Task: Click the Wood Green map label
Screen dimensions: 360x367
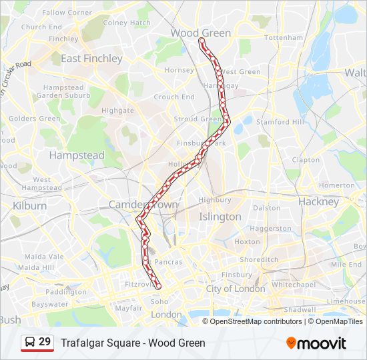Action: point(200,33)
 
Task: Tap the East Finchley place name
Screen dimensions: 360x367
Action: point(91,59)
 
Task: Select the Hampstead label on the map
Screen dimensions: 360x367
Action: point(77,155)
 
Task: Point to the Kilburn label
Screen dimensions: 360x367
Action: point(29,206)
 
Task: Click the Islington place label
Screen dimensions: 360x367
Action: point(220,217)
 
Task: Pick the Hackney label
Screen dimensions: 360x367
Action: point(318,201)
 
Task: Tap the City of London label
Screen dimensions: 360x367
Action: point(235,289)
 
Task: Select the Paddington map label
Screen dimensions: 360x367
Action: point(66,292)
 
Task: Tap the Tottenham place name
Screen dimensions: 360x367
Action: point(284,38)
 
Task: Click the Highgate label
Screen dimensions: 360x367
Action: point(117,110)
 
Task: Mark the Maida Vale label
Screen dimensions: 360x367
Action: point(44,256)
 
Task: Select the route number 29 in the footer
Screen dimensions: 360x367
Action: point(45,342)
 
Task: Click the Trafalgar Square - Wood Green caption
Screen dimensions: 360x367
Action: point(133,343)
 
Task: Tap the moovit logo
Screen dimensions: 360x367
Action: point(316,343)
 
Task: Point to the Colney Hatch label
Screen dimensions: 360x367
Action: point(127,23)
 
